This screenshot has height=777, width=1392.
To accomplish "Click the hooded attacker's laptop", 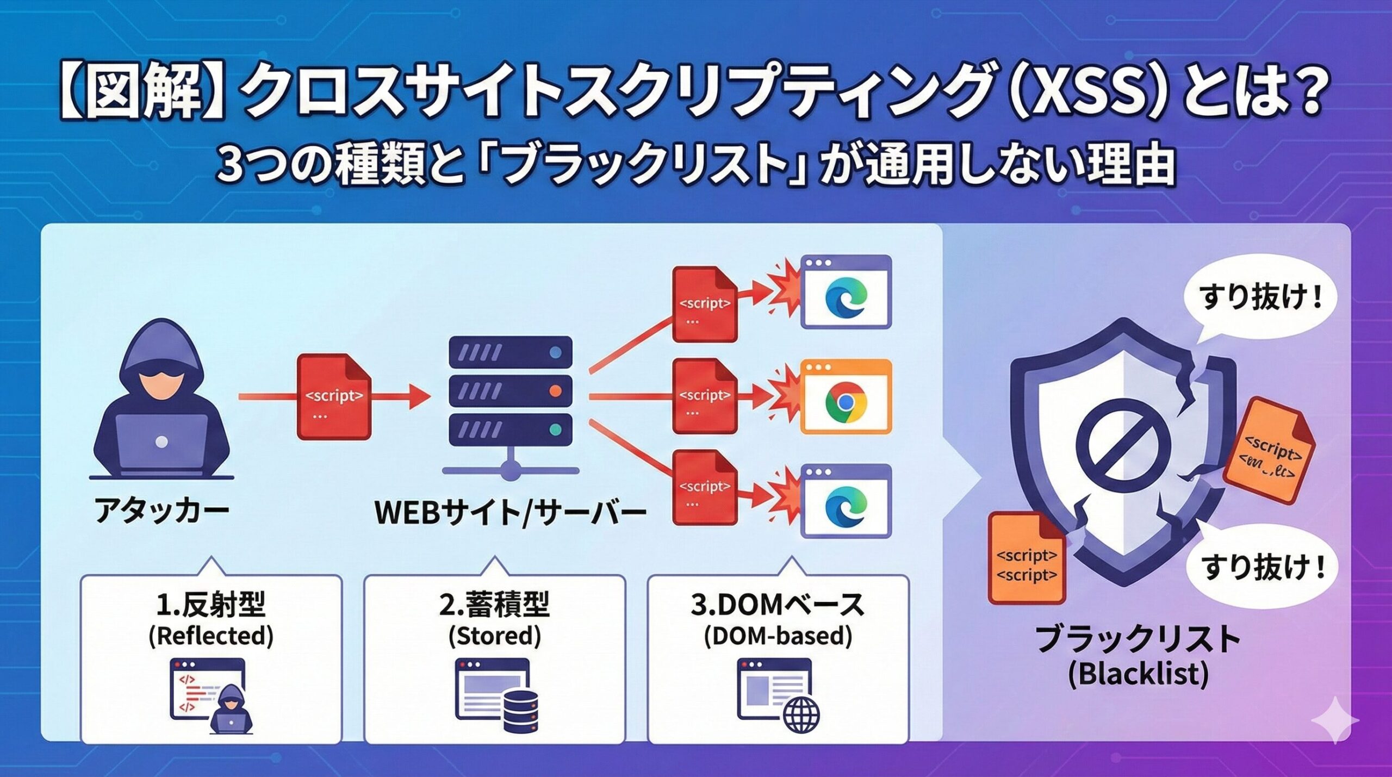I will [x=161, y=443].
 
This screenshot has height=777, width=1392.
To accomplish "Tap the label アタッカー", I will [x=161, y=512].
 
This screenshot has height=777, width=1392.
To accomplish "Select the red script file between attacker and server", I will [x=334, y=396].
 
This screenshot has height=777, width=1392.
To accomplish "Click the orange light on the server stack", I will [x=555, y=391].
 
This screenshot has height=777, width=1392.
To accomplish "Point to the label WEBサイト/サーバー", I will [x=511, y=512].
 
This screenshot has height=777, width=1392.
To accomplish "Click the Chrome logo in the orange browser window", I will [x=846, y=402].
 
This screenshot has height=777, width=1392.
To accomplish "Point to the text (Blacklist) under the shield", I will [x=1138, y=675].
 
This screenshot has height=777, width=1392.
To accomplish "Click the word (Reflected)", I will [x=211, y=636].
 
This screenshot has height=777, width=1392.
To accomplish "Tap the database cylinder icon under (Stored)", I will [x=520, y=711].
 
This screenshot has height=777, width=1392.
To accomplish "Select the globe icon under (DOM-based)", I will [x=801, y=715].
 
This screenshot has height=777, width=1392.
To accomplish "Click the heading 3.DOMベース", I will [x=778, y=605].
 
